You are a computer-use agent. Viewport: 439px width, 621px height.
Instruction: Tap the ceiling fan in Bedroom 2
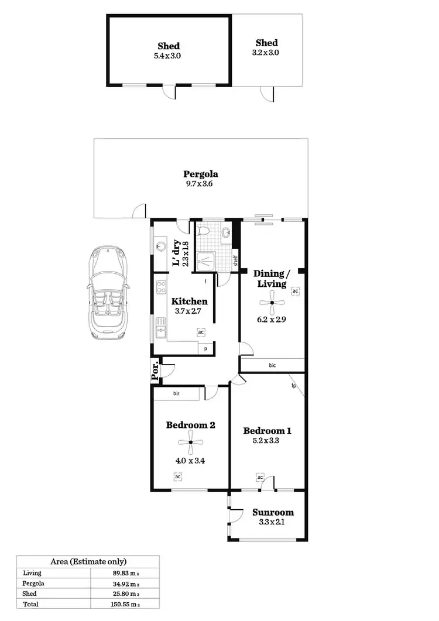tap(190, 442)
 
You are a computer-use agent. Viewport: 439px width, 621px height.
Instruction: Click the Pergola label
tap(201, 174)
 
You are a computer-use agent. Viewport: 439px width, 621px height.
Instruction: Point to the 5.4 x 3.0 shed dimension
tap(168, 56)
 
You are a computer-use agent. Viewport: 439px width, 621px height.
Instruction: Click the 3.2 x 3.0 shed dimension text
tap(266, 53)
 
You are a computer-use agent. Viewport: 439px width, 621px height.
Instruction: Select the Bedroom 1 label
tap(267, 431)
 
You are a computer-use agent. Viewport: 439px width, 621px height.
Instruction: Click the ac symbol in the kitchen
tap(200, 332)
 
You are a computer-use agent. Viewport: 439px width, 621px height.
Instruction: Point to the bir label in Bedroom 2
tap(176, 394)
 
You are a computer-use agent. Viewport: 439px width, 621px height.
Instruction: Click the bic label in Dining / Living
tap(272, 365)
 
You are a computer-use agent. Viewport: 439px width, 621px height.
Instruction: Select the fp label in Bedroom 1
tap(293, 386)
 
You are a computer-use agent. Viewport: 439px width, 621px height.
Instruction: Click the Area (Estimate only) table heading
tap(88, 561)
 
